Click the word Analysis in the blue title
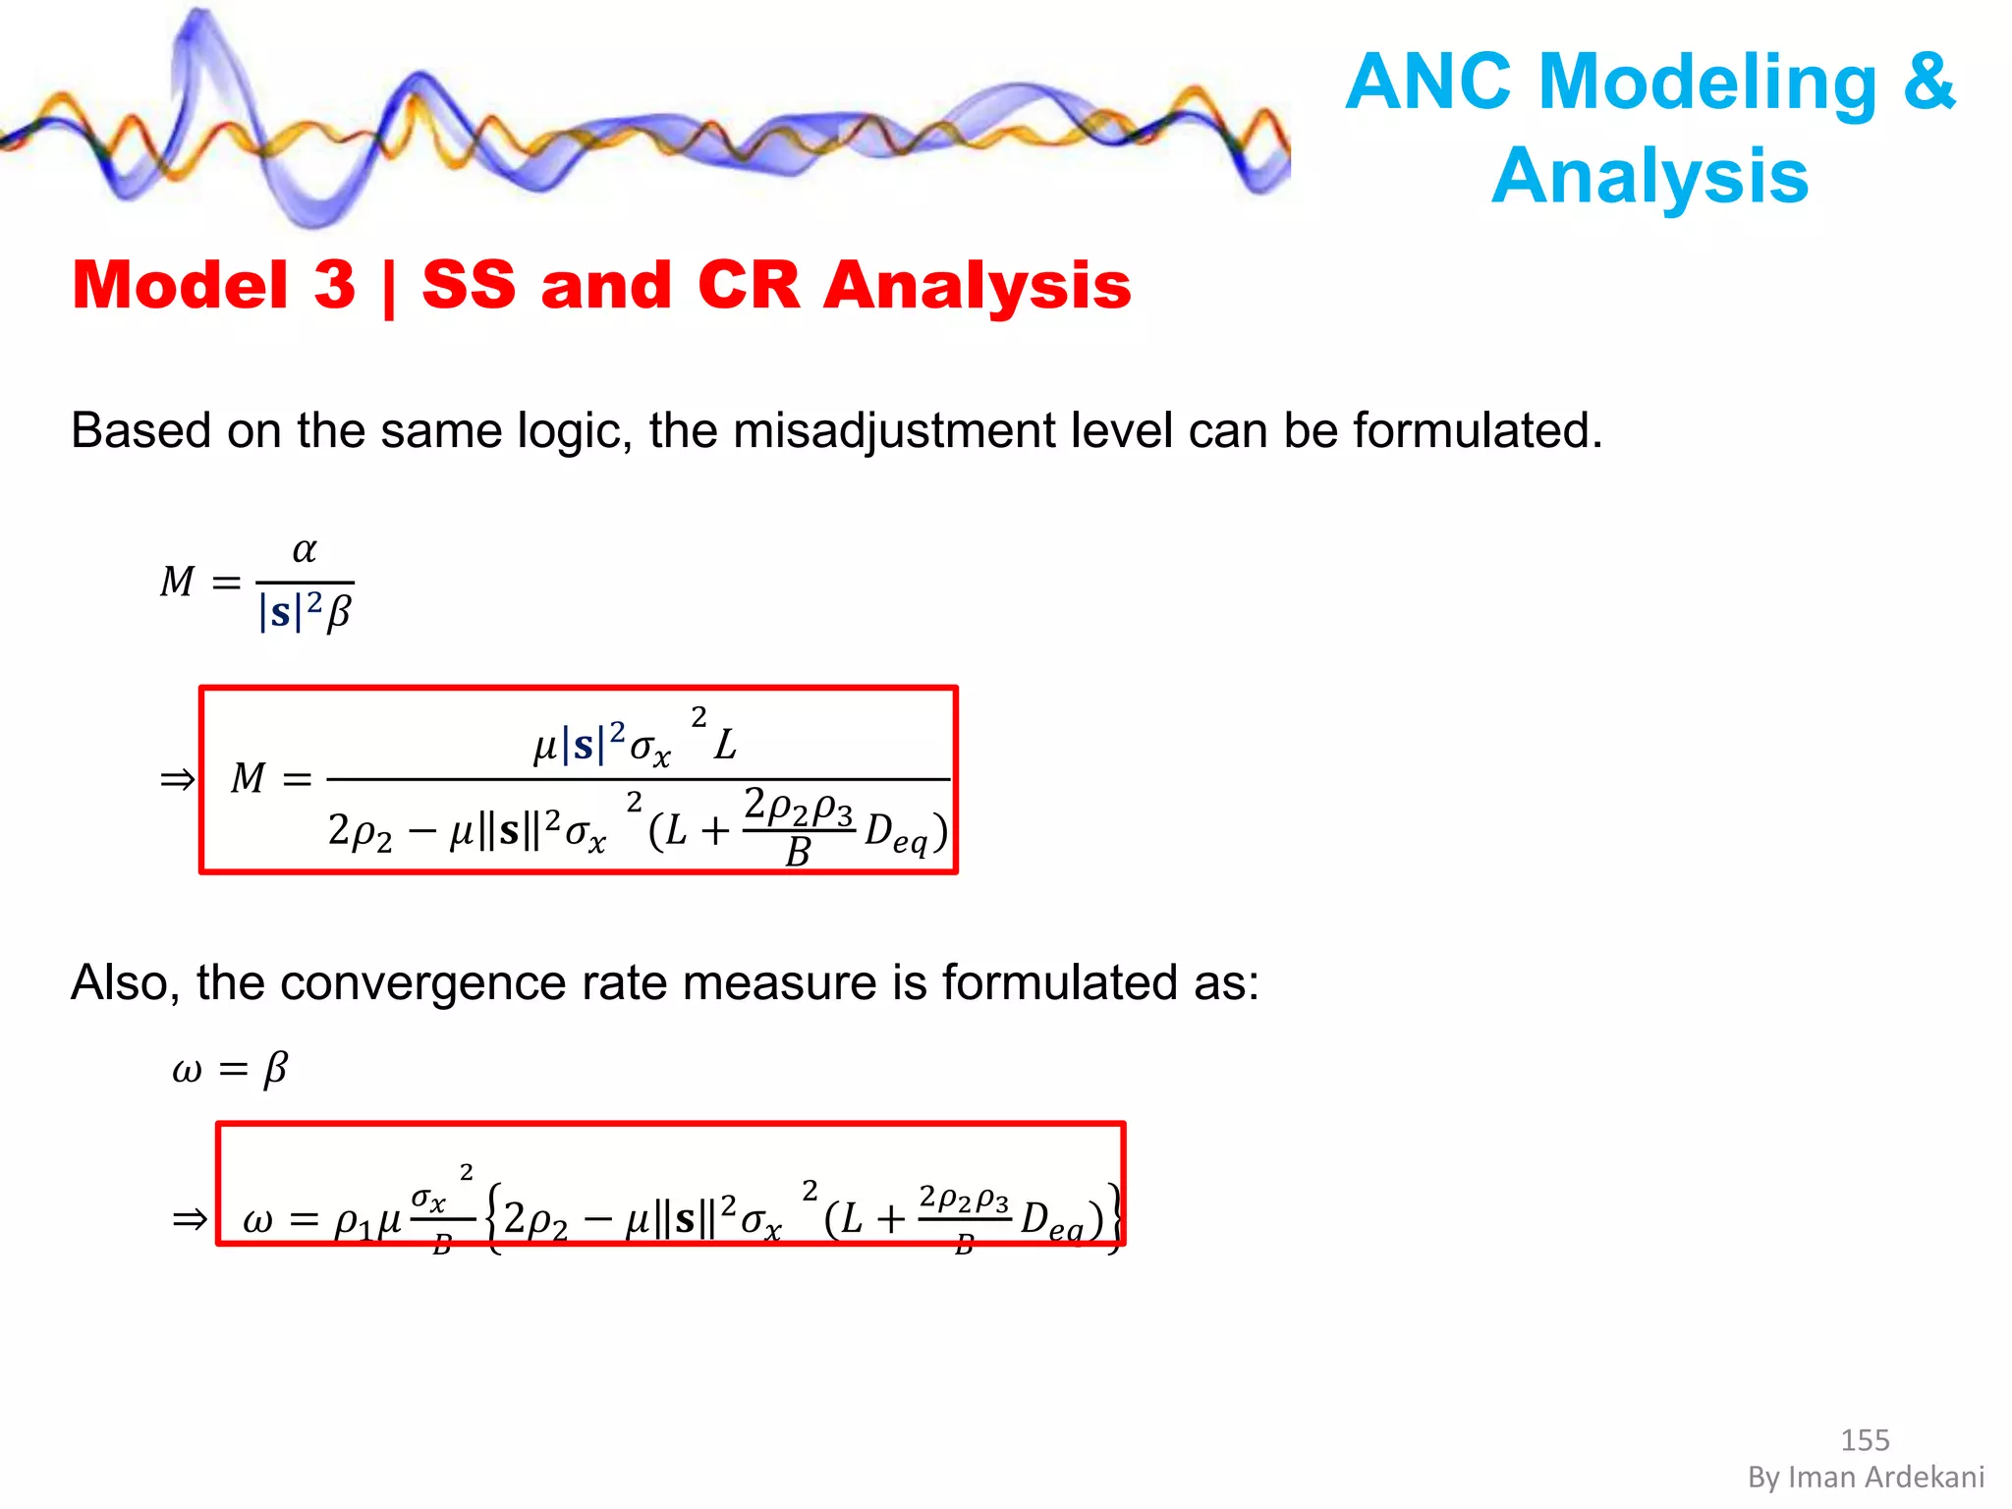click(x=1649, y=177)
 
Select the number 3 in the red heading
click(x=334, y=285)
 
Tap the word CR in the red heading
click(x=749, y=285)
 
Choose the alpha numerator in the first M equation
click(x=305, y=550)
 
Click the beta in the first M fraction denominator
click(x=339, y=613)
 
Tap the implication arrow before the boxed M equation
click(x=178, y=780)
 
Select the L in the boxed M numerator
click(x=725, y=745)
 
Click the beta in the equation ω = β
click(x=276, y=1069)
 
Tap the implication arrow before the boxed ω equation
click(x=190, y=1220)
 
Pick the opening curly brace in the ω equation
click(x=493, y=1220)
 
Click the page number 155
click(x=1865, y=1440)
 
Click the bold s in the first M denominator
click(x=280, y=613)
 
